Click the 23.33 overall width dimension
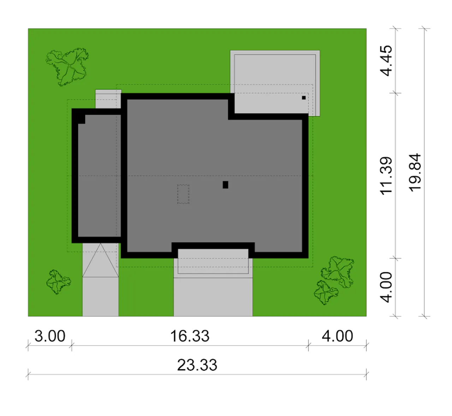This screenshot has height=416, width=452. (197, 365)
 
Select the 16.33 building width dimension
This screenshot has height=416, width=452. (190, 336)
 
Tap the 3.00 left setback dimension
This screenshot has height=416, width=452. (50, 336)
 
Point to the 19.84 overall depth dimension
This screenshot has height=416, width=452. (415, 172)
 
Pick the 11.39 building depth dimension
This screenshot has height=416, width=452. (386, 176)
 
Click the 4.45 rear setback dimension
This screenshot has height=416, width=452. (386, 61)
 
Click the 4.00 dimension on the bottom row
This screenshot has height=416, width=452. (337, 336)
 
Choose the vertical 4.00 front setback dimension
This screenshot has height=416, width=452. (386, 287)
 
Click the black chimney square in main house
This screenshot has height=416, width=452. (225, 185)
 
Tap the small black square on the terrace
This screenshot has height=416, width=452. (304, 98)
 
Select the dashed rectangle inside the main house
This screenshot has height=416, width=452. (183, 194)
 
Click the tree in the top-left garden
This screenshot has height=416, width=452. (67, 67)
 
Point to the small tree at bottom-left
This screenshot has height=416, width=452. (58, 282)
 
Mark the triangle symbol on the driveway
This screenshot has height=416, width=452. (100, 260)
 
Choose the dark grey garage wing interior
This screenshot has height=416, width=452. (99, 176)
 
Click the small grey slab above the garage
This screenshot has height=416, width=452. (108, 99)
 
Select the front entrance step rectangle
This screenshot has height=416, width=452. (213, 261)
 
